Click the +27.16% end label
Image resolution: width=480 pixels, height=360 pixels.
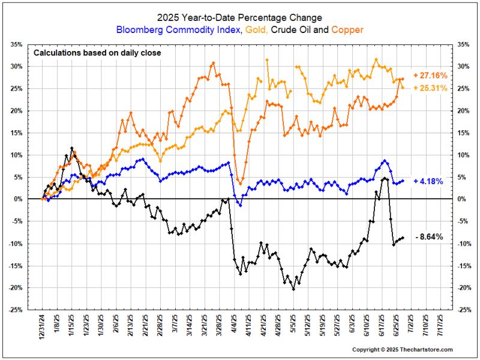point(430,76)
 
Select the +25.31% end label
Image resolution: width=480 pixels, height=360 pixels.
point(430,88)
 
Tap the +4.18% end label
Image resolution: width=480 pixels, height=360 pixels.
point(428,181)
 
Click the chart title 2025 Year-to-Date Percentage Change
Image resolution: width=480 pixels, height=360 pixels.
point(239,18)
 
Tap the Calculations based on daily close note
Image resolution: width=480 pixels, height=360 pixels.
point(97,53)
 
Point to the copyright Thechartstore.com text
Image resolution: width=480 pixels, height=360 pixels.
point(402,349)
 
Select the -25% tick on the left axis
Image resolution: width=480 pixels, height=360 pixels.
point(14,310)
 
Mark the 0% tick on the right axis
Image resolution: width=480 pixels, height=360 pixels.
point(463,199)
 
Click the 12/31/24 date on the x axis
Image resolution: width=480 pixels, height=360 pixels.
point(43,327)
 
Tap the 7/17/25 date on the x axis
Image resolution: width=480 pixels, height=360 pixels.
point(442,327)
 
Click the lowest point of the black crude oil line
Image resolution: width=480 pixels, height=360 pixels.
point(293,289)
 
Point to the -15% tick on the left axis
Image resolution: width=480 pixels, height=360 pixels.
point(14,266)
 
